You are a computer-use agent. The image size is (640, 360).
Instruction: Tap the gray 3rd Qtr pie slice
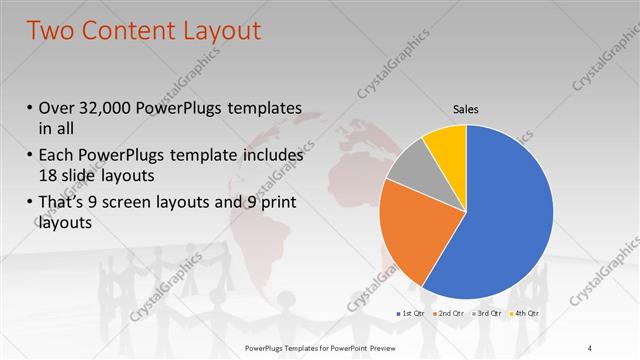tap(409, 170)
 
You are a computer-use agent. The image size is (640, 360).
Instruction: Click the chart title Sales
tap(466, 107)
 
